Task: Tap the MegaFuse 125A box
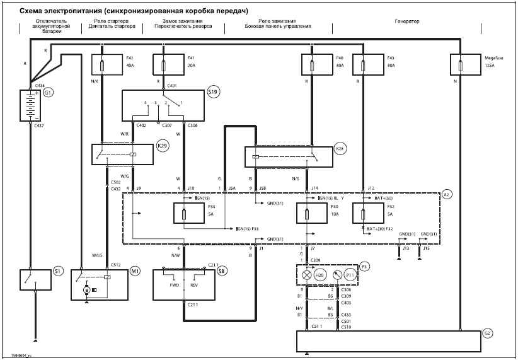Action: tap(467, 65)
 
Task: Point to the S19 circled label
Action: tap(213, 92)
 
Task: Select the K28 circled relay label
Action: tap(339, 149)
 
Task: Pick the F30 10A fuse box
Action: tap(313, 214)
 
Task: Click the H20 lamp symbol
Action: tap(307, 275)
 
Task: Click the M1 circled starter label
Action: tap(134, 271)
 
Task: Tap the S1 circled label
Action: tap(57, 271)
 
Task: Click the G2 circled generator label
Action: tap(486, 332)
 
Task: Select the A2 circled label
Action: tap(447, 194)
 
